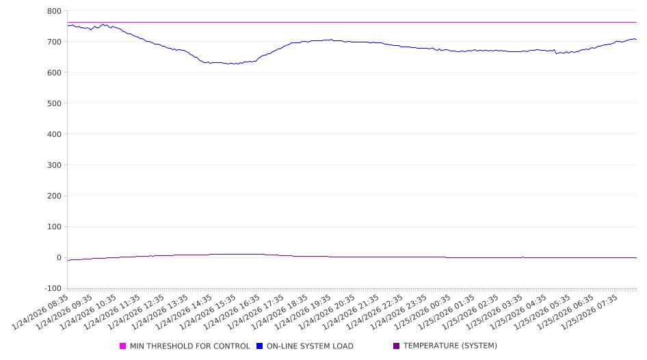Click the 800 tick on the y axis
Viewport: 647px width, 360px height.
[54, 11]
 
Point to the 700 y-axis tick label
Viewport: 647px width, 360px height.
[54, 42]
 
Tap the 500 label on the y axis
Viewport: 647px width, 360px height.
[54, 103]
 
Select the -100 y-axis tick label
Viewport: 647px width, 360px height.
[52, 288]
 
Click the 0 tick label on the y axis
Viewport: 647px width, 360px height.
[59, 257]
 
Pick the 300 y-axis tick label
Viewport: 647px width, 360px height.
[54, 165]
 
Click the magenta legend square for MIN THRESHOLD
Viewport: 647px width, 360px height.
[123, 346]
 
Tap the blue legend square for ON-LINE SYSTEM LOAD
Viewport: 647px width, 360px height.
[260, 346]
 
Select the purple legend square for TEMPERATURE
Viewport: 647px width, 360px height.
[397, 346]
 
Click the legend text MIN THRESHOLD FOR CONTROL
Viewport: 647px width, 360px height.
[190, 346]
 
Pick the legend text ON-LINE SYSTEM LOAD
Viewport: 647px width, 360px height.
[310, 346]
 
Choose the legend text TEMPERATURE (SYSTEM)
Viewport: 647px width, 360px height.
[450, 346]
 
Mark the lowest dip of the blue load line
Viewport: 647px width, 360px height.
[231, 64]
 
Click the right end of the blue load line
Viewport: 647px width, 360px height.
[636, 40]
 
